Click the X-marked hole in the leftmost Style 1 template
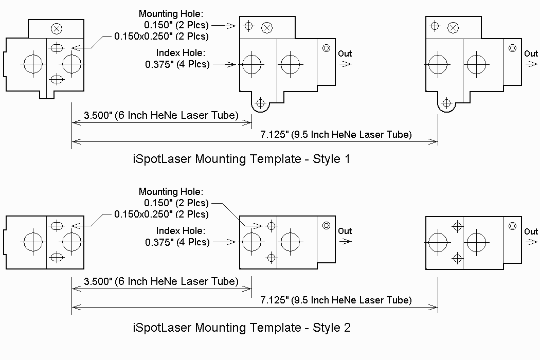coord(57,29)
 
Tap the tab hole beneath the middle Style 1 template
coord(261,103)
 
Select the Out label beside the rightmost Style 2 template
coord(531,231)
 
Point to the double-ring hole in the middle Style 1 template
coord(326,48)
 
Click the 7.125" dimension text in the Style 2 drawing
coord(336,300)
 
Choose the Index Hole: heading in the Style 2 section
coord(181,230)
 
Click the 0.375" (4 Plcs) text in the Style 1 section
coord(177,64)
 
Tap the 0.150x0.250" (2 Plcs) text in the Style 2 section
coord(161,214)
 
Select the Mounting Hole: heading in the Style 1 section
coord(171,14)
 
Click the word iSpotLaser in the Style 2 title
coord(162,327)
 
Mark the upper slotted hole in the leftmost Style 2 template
coord(57,226)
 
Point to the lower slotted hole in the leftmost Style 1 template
coord(57,80)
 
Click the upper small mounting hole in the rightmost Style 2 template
coord(457,226)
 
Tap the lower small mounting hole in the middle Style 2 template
coord(272,257)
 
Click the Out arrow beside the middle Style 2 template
coord(346,241)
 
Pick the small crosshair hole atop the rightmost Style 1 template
coord(435,26)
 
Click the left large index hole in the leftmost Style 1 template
coord(33,64)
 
